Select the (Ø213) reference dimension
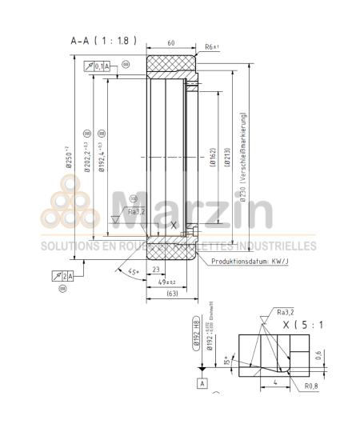(x=228, y=155)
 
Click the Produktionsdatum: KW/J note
(x=247, y=261)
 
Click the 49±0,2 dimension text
(x=166, y=283)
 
